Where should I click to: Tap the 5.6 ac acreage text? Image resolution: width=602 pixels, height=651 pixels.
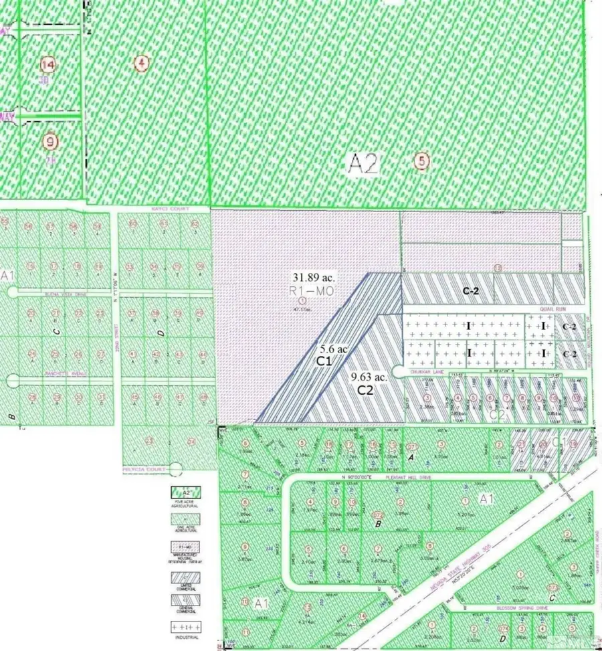pos(332,349)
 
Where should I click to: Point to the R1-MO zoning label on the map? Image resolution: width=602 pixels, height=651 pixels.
pos(311,292)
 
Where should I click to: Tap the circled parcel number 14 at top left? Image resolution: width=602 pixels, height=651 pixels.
pos(48,65)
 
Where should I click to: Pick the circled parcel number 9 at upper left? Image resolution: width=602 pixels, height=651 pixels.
pos(49,141)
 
